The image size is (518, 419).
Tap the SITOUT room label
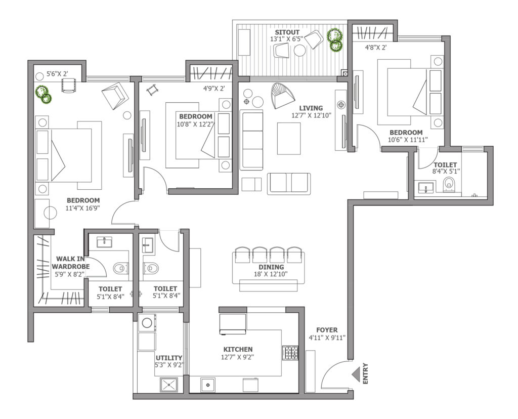tap(287, 32)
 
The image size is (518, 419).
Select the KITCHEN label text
tap(238, 349)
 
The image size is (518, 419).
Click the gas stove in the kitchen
tap(290, 353)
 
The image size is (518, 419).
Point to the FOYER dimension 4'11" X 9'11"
tap(327, 338)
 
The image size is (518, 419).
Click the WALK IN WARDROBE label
tap(70, 262)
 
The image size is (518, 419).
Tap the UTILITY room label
tap(169, 358)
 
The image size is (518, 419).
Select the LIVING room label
tap(311, 108)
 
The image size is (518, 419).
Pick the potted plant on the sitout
tap(335, 39)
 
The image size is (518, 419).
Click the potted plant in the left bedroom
tap(44, 95)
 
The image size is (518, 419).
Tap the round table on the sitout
tap(300, 51)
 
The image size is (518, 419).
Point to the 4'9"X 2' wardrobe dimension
tap(214, 89)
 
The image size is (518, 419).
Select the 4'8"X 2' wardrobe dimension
tap(376, 48)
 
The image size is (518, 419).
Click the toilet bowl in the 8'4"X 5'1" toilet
tap(448, 184)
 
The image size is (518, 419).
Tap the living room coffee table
tap(289, 139)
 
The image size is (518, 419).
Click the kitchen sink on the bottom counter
tap(208, 385)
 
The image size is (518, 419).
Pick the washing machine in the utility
tap(147, 322)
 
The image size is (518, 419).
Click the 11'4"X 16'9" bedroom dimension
tap(82, 208)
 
